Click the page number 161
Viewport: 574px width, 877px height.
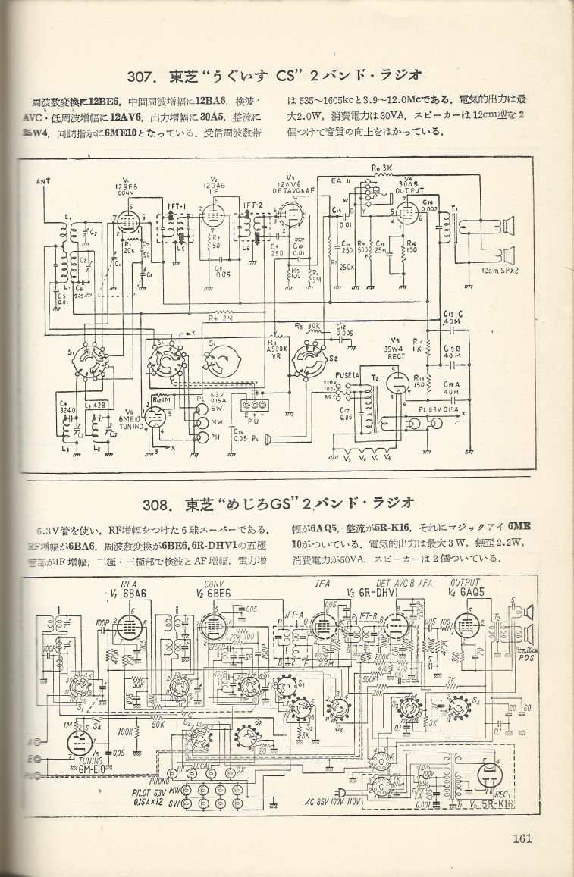coord(521,838)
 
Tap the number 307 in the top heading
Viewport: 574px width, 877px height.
coord(142,75)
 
